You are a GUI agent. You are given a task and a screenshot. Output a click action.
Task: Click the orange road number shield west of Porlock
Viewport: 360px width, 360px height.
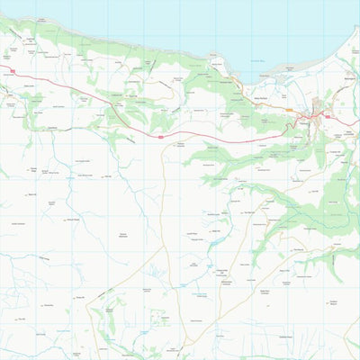(289, 111)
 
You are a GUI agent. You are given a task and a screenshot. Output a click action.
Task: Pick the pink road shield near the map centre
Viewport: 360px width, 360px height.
(160, 137)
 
